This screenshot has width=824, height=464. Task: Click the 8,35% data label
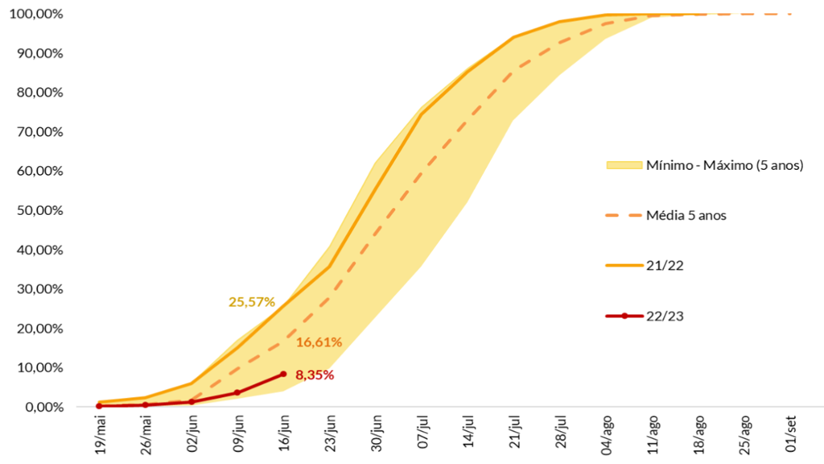(x=314, y=375)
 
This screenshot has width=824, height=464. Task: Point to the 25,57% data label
(x=252, y=302)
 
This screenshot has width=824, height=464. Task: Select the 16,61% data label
(x=319, y=342)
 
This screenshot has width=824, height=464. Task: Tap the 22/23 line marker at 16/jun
(x=283, y=374)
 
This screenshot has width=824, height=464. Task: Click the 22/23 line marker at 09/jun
(x=237, y=392)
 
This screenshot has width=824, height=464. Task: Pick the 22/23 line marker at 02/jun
(x=192, y=401)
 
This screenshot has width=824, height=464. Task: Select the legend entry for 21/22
(x=664, y=266)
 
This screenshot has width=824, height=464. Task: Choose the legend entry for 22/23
(x=664, y=316)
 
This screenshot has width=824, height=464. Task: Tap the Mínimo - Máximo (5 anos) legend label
(x=724, y=165)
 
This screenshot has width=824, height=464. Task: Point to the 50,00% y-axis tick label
(x=37, y=210)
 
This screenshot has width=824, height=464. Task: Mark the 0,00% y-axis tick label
(x=40, y=407)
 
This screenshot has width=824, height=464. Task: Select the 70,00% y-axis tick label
(x=37, y=132)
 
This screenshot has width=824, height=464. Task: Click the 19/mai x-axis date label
(x=100, y=433)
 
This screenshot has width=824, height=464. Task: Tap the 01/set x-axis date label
(x=792, y=433)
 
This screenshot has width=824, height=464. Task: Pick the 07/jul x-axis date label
(x=422, y=433)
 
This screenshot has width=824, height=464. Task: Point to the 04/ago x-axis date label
(x=607, y=433)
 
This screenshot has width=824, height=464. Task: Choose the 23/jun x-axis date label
(x=330, y=433)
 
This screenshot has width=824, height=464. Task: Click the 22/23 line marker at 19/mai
(x=99, y=405)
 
